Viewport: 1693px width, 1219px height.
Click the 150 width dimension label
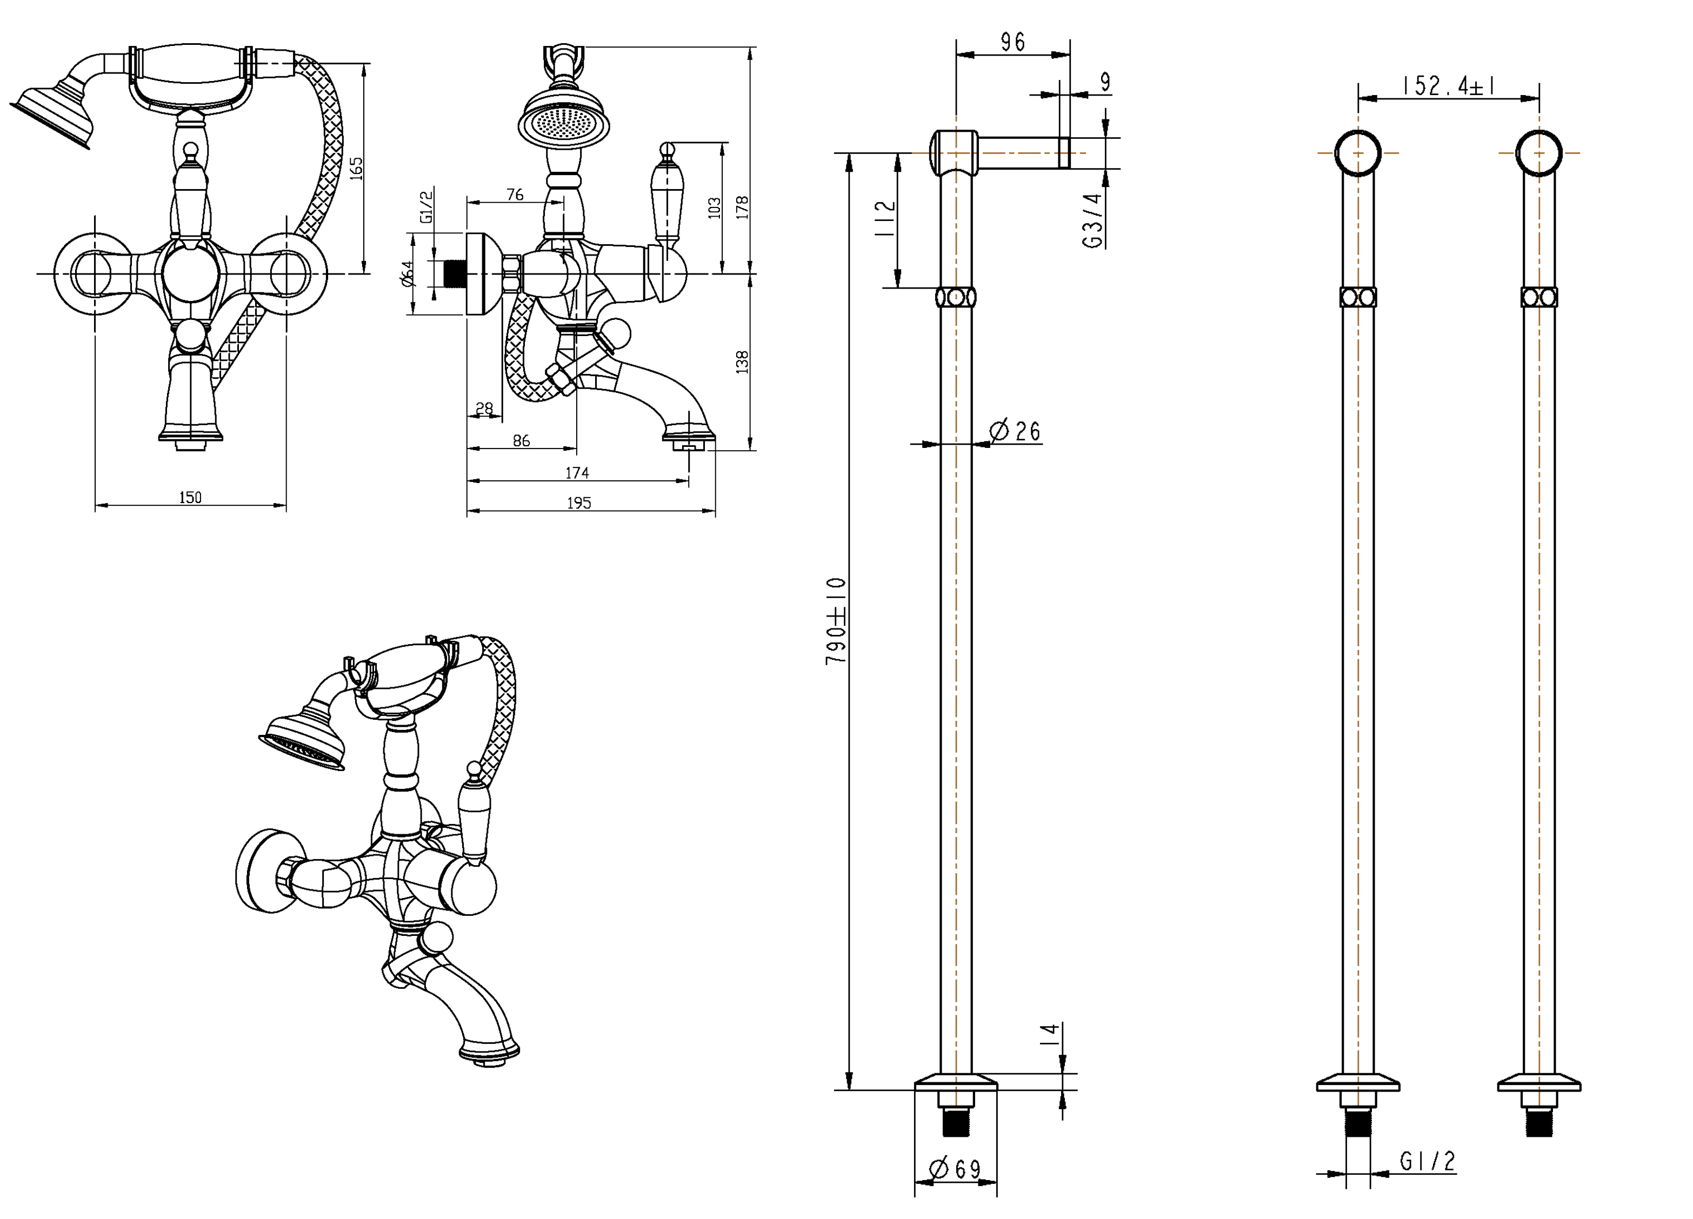coord(190,497)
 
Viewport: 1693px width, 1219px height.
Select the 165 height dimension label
coord(357,167)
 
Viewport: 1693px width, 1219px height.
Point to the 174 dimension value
coord(577,472)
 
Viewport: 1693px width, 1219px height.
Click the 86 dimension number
coord(521,441)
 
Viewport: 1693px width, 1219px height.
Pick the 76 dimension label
coord(515,195)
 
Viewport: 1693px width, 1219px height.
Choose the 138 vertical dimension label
coord(742,362)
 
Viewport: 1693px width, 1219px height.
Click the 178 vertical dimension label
coord(742,206)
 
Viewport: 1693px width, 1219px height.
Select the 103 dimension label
coord(715,207)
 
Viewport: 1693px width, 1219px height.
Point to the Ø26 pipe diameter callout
coord(1015,431)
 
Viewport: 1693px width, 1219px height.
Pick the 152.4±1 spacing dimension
coord(1448,86)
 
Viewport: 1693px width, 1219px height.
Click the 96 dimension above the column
coord(1012,43)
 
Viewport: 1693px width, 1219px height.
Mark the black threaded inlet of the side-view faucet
coord(450,273)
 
